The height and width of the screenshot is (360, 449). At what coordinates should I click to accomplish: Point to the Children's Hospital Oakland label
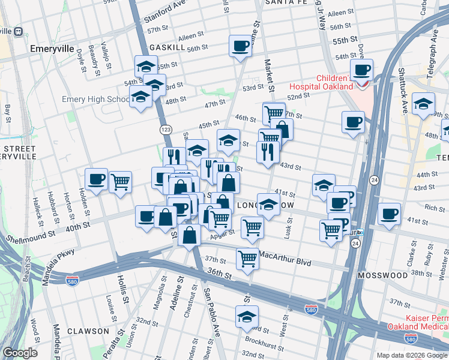click(x=326, y=82)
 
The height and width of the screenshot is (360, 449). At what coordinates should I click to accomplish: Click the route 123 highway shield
click(x=166, y=130)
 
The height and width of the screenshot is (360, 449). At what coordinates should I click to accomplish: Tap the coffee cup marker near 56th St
click(x=241, y=47)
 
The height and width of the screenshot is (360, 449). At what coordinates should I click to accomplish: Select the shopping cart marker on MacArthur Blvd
click(x=247, y=259)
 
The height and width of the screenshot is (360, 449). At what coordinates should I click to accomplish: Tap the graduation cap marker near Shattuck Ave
click(x=423, y=104)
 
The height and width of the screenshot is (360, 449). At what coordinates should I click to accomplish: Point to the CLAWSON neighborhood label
click(x=88, y=331)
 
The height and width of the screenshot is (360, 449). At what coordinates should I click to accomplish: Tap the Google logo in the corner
click(x=20, y=353)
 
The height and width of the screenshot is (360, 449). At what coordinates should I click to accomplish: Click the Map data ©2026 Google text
click(x=411, y=355)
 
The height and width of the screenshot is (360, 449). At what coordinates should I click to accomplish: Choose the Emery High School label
click(x=96, y=99)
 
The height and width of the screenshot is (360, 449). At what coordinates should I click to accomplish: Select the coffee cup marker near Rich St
click(x=389, y=214)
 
